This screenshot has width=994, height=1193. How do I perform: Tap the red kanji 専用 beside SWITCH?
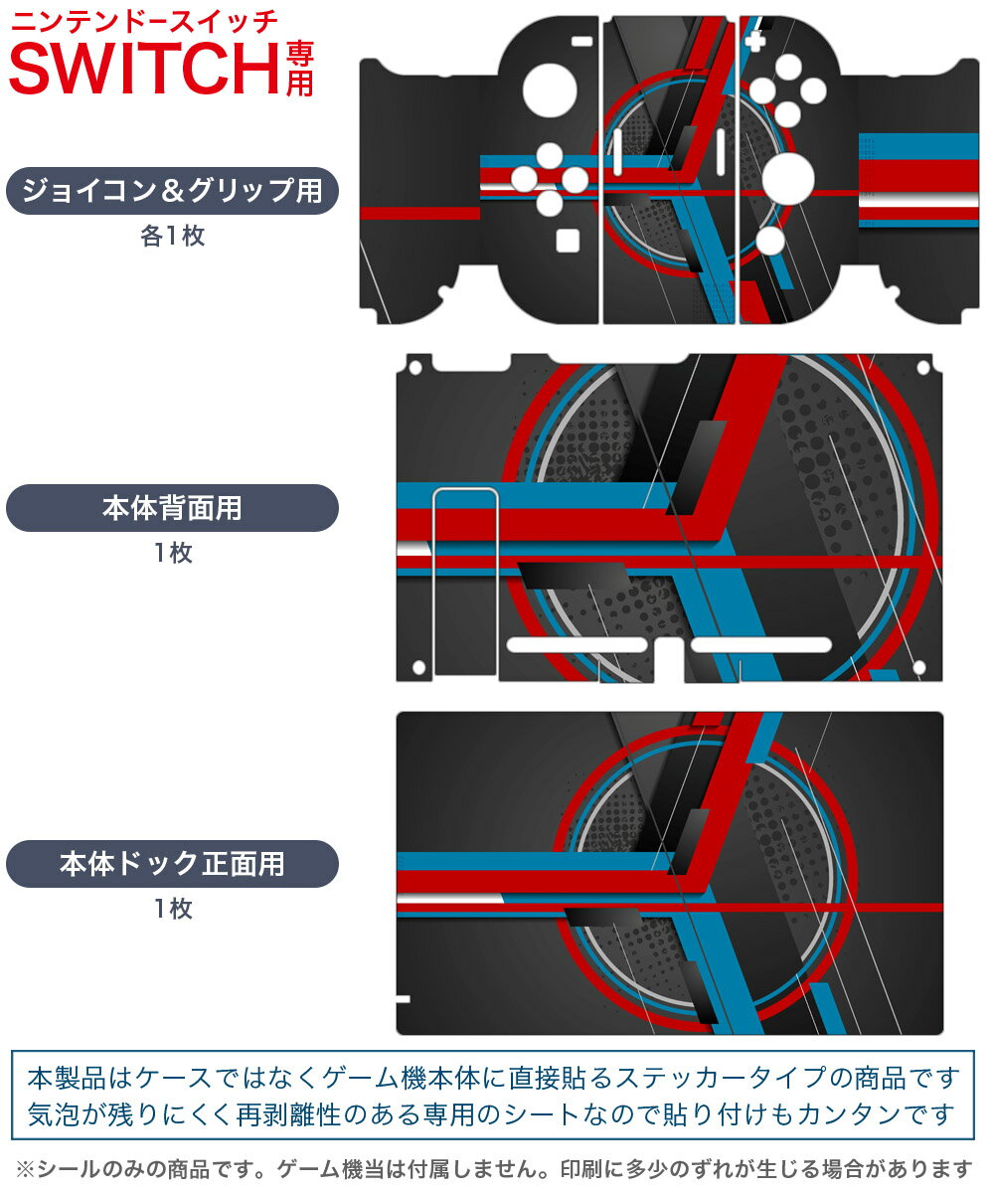tap(299, 68)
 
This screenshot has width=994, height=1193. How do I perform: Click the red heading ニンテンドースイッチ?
tap(144, 23)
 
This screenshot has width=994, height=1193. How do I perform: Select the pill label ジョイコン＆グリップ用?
tap(172, 190)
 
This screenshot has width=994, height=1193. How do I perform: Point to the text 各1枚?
tap(173, 236)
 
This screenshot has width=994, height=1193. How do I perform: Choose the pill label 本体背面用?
tap(172, 508)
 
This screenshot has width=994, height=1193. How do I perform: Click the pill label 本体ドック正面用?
tap(172, 863)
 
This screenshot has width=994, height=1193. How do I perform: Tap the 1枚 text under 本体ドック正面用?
tap(173, 908)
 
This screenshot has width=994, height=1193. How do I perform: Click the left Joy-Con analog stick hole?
tap(550, 90)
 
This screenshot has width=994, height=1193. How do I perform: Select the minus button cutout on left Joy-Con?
tap(582, 41)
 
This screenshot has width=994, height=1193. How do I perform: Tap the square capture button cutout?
tap(568, 241)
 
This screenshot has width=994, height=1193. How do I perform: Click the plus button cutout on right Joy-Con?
tap(755, 41)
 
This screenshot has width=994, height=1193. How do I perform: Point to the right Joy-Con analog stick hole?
tap(788, 178)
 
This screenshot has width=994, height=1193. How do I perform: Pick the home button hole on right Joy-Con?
tap(770, 241)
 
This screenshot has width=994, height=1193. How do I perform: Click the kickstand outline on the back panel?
tap(465, 582)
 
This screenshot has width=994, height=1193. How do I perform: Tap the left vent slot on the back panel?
tap(577, 645)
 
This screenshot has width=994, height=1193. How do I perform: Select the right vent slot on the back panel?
tap(761, 645)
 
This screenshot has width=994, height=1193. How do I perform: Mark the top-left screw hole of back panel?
tap(415, 368)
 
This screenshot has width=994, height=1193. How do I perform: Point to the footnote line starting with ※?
tap(494, 1169)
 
